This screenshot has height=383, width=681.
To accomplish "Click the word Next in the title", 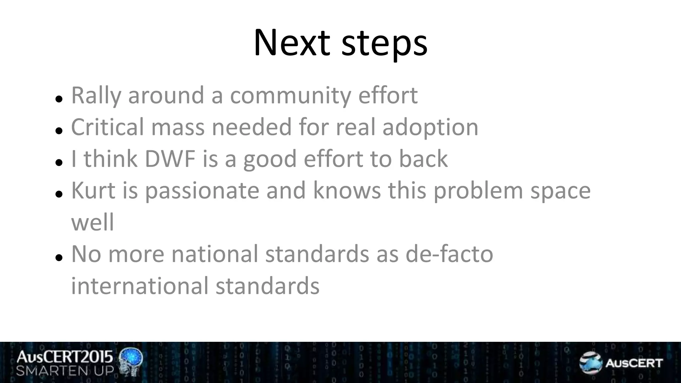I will (x=292, y=43).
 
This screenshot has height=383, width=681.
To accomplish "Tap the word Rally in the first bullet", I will (x=96, y=95).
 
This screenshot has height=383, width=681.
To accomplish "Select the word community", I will (x=290, y=95).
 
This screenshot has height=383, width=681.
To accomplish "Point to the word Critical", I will (x=107, y=127).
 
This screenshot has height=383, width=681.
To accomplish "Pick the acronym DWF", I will (x=170, y=159).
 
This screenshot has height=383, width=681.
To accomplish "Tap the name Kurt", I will (x=93, y=191).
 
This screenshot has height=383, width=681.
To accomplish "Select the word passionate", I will (x=202, y=191).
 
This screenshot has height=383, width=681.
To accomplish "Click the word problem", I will (x=478, y=191).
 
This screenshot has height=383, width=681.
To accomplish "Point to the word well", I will (x=92, y=222).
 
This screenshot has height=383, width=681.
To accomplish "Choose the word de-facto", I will (x=449, y=254).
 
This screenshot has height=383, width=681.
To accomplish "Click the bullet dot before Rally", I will (x=59, y=99).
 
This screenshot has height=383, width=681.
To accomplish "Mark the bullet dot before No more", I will (x=59, y=257).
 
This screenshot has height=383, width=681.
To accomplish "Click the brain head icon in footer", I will (x=131, y=362).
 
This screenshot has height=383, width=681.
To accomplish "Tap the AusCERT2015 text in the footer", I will (x=65, y=357).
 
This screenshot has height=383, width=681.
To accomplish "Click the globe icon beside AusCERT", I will (x=590, y=362).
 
